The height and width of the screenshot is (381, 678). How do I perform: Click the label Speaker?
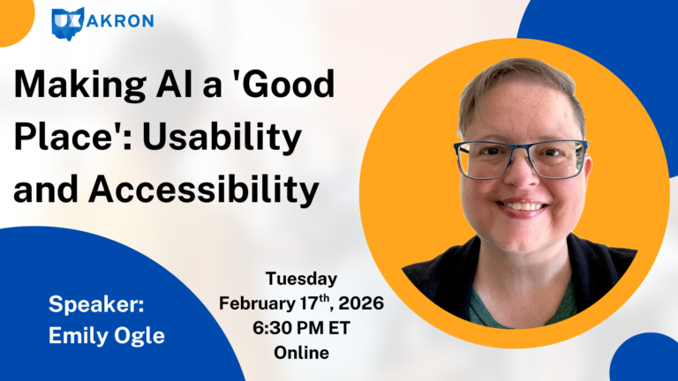pyautogui.click(x=96, y=305)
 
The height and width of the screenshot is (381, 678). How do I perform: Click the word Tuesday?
pyautogui.click(x=301, y=280)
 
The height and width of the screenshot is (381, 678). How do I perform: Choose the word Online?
pyautogui.click(x=301, y=354)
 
